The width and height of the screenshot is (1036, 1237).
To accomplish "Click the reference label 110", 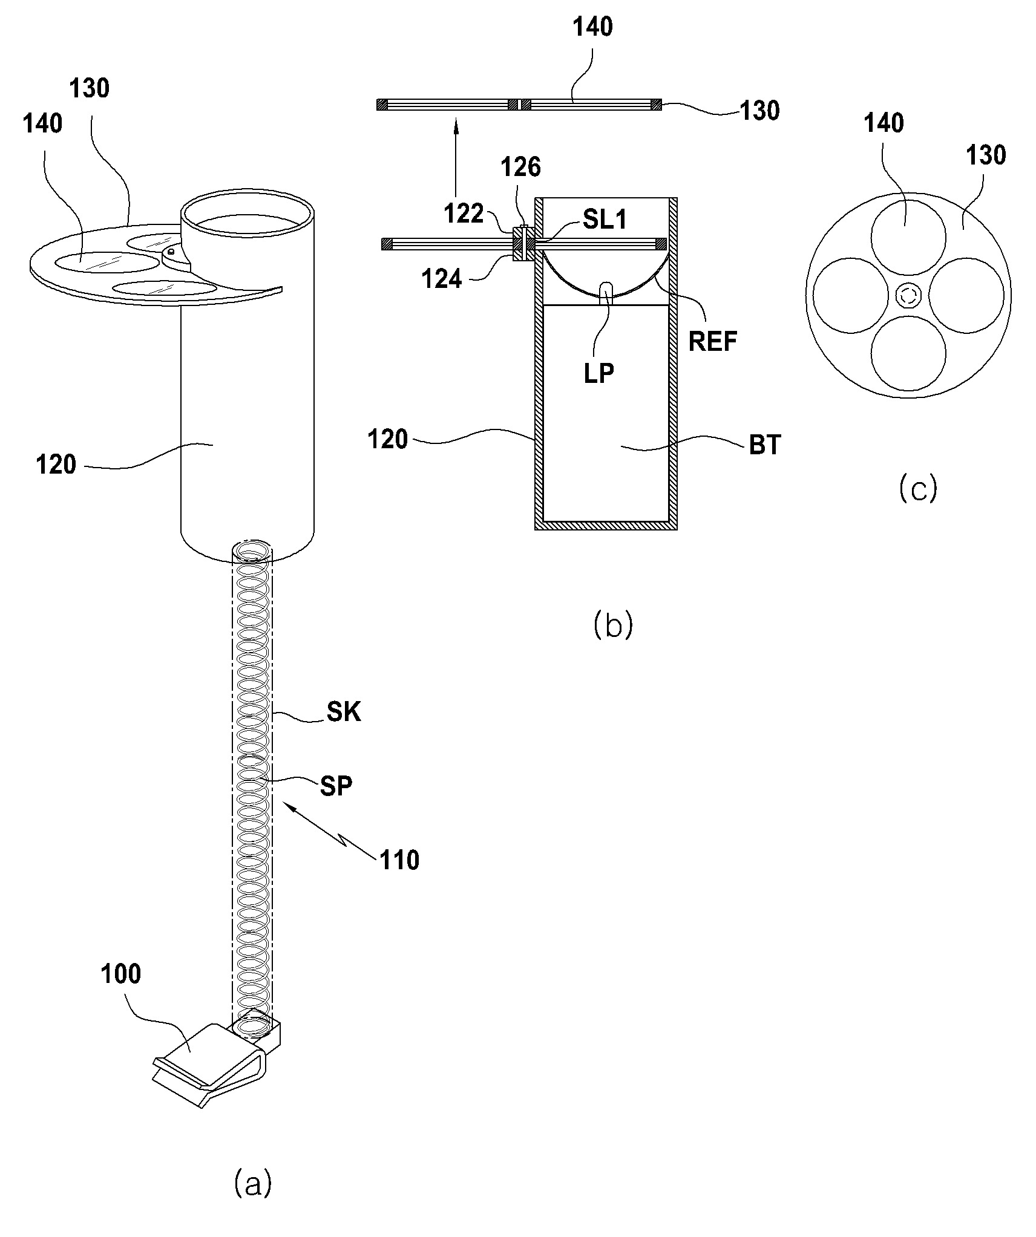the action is [399, 860].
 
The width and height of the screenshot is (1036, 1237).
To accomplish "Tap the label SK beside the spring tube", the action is [344, 712].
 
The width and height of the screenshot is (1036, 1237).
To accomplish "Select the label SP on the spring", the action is [336, 786].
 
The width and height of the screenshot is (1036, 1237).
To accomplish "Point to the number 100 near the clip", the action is [121, 974].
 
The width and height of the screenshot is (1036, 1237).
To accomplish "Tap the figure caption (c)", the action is [918, 488].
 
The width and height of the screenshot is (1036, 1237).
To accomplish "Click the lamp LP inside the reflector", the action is [606, 293].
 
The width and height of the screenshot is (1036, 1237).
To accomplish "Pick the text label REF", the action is [713, 342].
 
